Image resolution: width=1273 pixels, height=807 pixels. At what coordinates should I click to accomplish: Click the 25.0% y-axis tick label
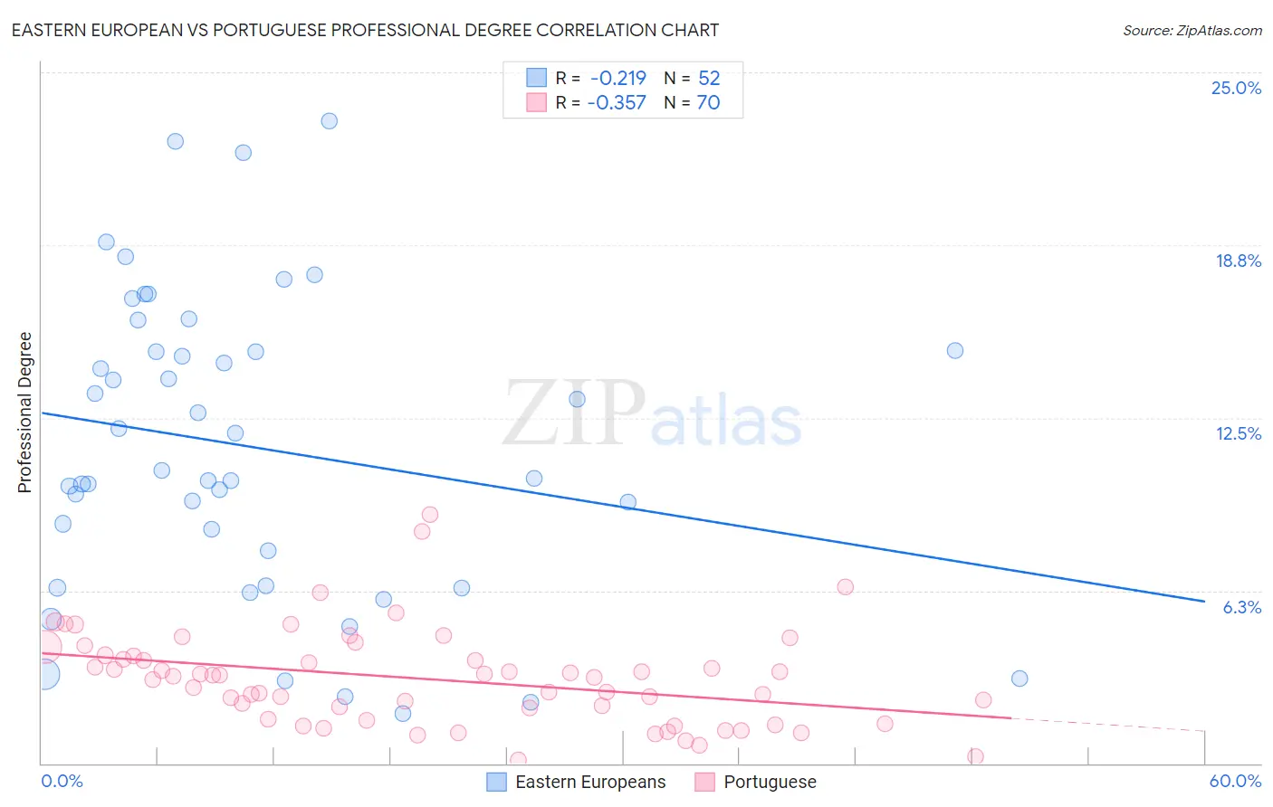point(1236,89)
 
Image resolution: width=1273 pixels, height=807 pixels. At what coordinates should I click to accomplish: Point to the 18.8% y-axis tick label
point(1238,261)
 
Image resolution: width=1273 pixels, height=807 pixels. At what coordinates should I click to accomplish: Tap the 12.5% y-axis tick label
point(1238,434)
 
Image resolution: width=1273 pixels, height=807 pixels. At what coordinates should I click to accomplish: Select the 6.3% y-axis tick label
point(1241,607)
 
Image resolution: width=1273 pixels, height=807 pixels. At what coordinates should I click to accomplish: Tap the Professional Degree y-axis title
point(24,413)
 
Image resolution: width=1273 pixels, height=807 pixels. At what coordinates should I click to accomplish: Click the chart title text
point(365,30)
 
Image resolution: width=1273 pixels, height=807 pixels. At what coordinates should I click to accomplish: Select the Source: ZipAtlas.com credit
point(1192,31)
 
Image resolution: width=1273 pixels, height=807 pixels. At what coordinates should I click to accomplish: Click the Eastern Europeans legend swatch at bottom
point(496,782)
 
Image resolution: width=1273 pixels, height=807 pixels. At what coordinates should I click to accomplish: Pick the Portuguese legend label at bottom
point(770,782)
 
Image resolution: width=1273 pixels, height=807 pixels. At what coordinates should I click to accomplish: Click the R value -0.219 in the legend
point(617,79)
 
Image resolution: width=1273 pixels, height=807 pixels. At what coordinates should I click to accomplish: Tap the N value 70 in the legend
point(708,103)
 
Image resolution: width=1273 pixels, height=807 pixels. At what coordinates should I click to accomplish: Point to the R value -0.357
point(616,103)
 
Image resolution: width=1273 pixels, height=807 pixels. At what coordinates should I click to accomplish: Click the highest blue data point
point(330,121)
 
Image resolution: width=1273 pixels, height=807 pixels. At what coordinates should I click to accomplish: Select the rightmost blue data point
point(1019,679)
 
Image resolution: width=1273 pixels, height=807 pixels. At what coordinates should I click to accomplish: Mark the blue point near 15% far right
point(955,351)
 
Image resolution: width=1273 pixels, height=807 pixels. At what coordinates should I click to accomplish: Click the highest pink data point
point(430,515)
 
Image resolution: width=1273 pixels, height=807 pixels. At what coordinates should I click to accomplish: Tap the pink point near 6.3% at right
point(846,587)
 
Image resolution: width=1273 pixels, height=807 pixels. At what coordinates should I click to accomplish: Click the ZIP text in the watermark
point(574,413)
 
